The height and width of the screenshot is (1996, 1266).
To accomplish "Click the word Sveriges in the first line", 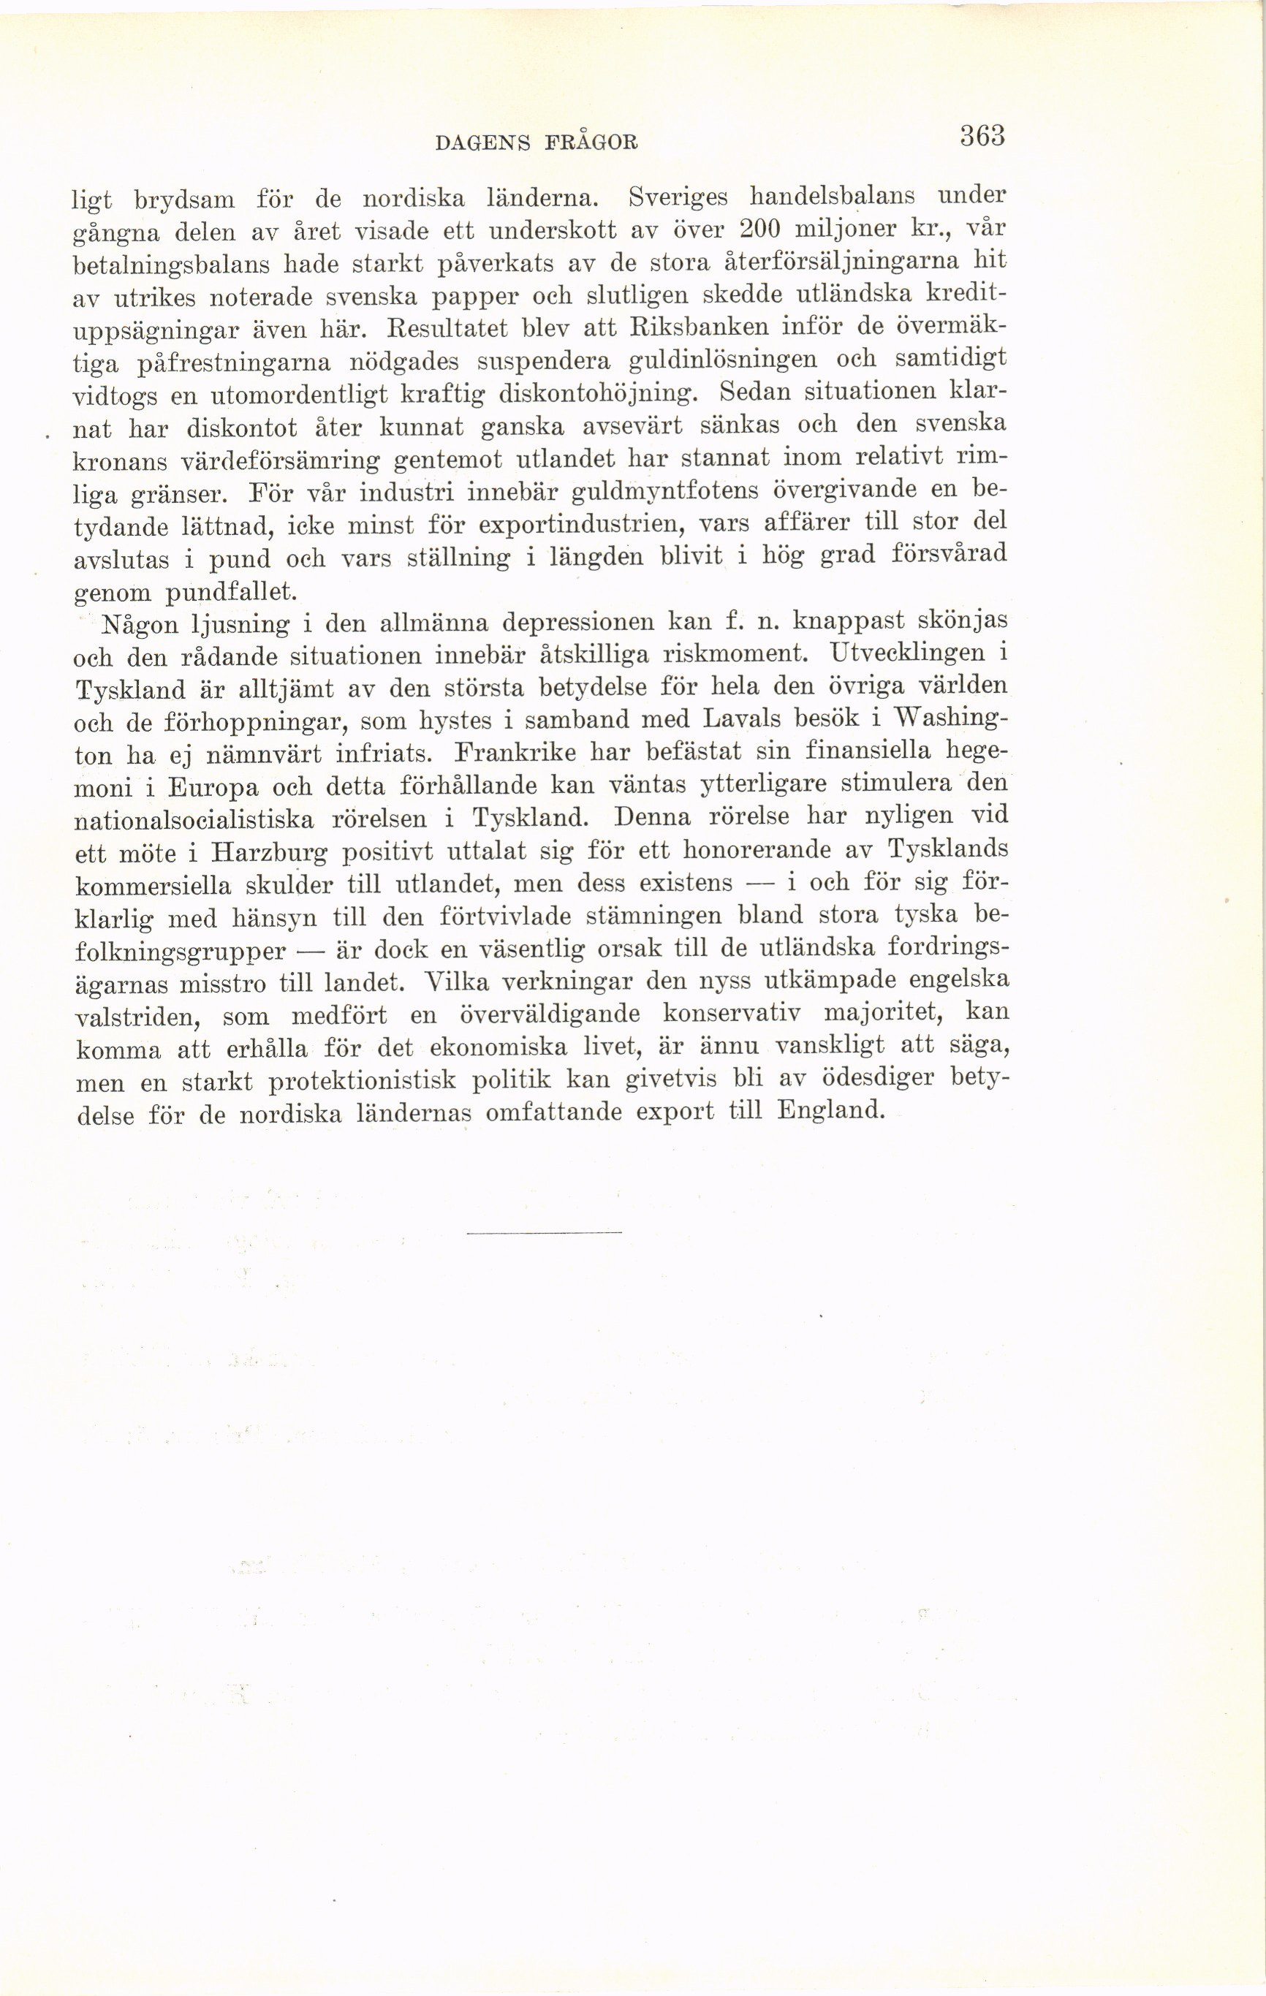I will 678,197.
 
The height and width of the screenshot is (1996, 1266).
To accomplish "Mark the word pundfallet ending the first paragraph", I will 230,592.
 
